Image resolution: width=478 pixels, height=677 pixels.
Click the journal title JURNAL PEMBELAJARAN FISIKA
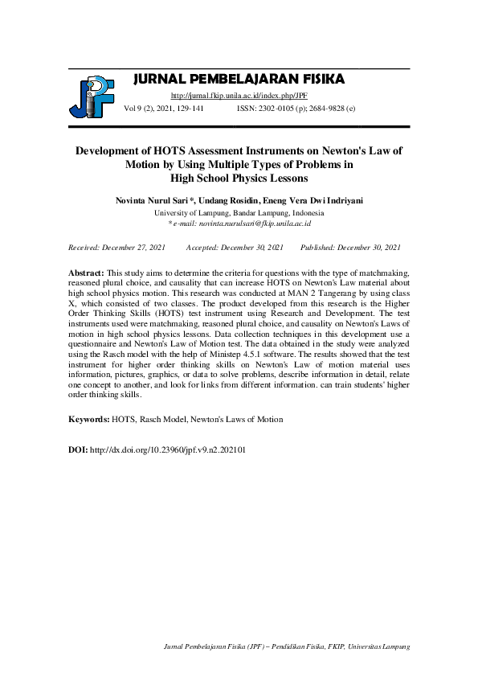coord(238,79)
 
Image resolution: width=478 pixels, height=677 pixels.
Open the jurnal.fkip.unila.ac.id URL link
coord(239,95)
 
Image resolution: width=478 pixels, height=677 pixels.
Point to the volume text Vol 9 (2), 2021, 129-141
coord(164,106)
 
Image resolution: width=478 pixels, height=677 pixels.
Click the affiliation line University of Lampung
coord(239,213)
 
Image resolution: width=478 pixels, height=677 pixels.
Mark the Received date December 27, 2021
coord(116,247)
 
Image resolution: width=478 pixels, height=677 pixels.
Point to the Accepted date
coord(235,247)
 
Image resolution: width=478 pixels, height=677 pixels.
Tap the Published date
coord(350,247)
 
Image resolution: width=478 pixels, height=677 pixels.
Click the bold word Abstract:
coord(87,274)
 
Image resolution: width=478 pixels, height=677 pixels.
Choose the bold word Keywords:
coord(88,420)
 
